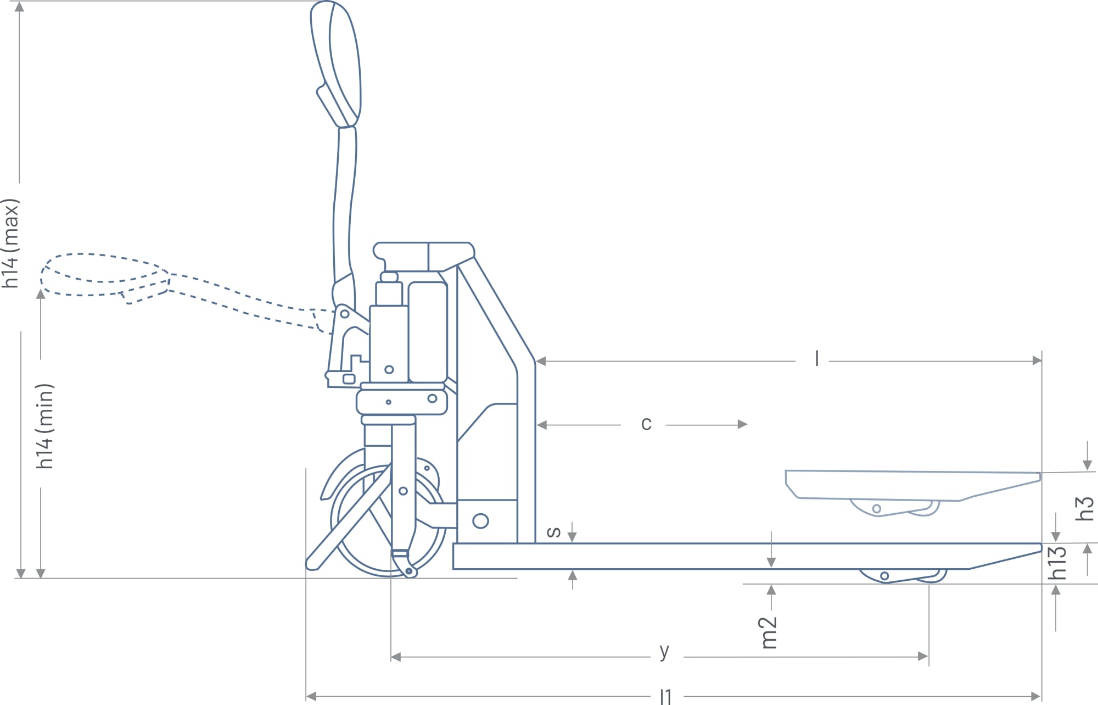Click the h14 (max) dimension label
point(11,243)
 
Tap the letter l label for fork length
point(817,359)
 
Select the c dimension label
point(646,424)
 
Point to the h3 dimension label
point(1085,508)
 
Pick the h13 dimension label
point(1057,563)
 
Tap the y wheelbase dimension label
point(664,651)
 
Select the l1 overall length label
point(666,697)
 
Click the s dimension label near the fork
point(554,531)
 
